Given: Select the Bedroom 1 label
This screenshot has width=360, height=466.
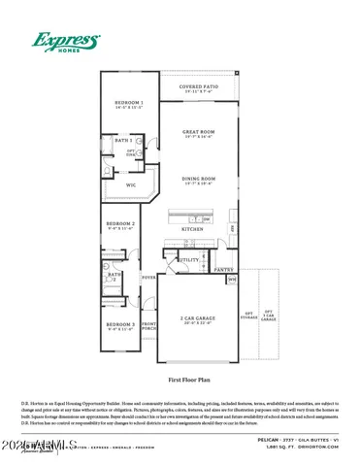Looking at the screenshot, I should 129,104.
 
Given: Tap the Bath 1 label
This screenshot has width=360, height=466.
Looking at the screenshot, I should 123,141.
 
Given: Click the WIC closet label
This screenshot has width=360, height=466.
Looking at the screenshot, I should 131,182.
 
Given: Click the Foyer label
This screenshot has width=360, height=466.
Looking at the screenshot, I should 149,278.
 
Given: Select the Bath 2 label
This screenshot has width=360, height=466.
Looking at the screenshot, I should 115,277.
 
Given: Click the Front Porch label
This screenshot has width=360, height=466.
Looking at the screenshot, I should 149,325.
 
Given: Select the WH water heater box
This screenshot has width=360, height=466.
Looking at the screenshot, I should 231,280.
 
